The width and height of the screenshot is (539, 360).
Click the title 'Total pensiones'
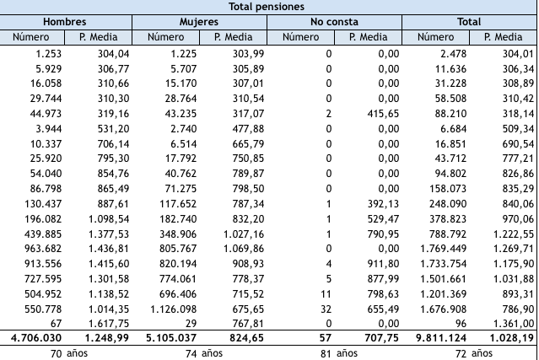point(268,6)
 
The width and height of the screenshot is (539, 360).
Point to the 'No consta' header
point(334,21)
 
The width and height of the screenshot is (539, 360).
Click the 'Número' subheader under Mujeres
point(165,36)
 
